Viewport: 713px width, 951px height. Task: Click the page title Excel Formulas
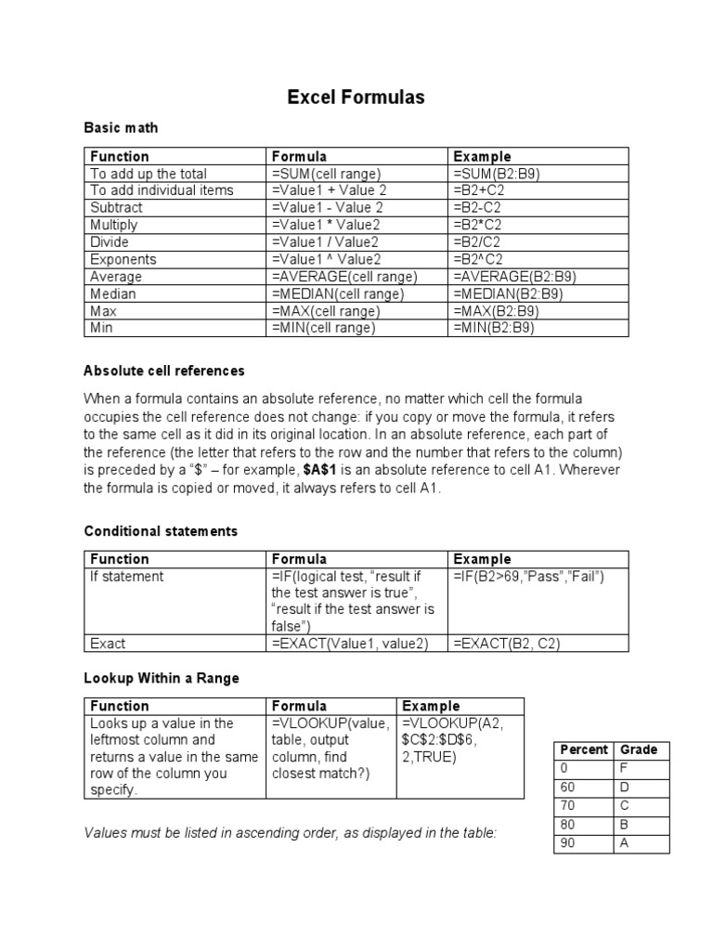pyautogui.click(x=356, y=98)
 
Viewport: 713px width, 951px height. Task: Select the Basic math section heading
pyautogui.click(x=121, y=127)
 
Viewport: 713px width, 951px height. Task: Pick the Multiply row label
pyautogui.click(x=113, y=225)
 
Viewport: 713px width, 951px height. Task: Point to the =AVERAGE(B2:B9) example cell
pyautogui.click(x=508, y=277)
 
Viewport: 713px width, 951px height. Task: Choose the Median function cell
pyautogui.click(x=112, y=293)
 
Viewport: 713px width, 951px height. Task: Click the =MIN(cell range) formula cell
pyautogui.click(x=323, y=328)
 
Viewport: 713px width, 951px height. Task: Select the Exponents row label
pyautogui.click(x=123, y=259)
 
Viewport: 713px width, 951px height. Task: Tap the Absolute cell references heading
pyautogui.click(x=164, y=371)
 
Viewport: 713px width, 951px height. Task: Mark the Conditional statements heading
pyautogui.click(x=161, y=531)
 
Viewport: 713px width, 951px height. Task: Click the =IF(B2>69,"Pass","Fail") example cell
pyautogui.click(x=529, y=577)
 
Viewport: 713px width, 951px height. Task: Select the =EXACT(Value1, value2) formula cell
pyautogui.click(x=350, y=643)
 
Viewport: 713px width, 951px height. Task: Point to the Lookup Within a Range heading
pyautogui.click(x=162, y=678)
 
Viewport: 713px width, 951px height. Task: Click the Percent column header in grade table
pyautogui.click(x=583, y=749)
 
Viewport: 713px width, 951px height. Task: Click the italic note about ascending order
pyautogui.click(x=291, y=833)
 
